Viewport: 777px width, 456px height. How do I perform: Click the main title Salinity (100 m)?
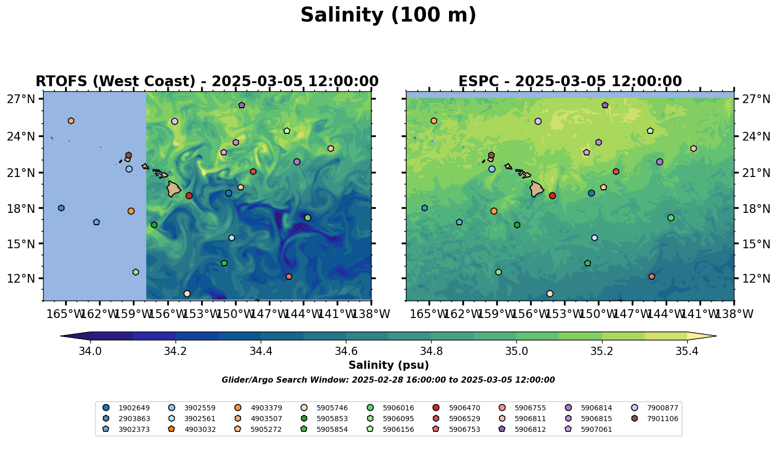(x=388, y=15)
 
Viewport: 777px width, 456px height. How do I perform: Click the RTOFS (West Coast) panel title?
(x=207, y=82)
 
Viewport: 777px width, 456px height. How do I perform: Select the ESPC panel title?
(x=570, y=82)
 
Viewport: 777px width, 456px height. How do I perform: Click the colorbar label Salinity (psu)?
(x=388, y=365)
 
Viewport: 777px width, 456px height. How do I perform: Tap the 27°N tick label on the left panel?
(x=21, y=99)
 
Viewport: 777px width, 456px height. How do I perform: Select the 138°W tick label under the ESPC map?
(x=733, y=314)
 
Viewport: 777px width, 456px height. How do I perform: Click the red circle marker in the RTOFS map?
(x=189, y=195)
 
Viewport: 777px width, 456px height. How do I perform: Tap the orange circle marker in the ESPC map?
(x=494, y=211)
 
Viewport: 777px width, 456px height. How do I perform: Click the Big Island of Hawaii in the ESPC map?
(x=536, y=189)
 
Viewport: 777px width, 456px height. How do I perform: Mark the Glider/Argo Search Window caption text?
(x=388, y=380)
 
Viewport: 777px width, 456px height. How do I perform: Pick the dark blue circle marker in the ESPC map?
(x=591, y=193)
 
